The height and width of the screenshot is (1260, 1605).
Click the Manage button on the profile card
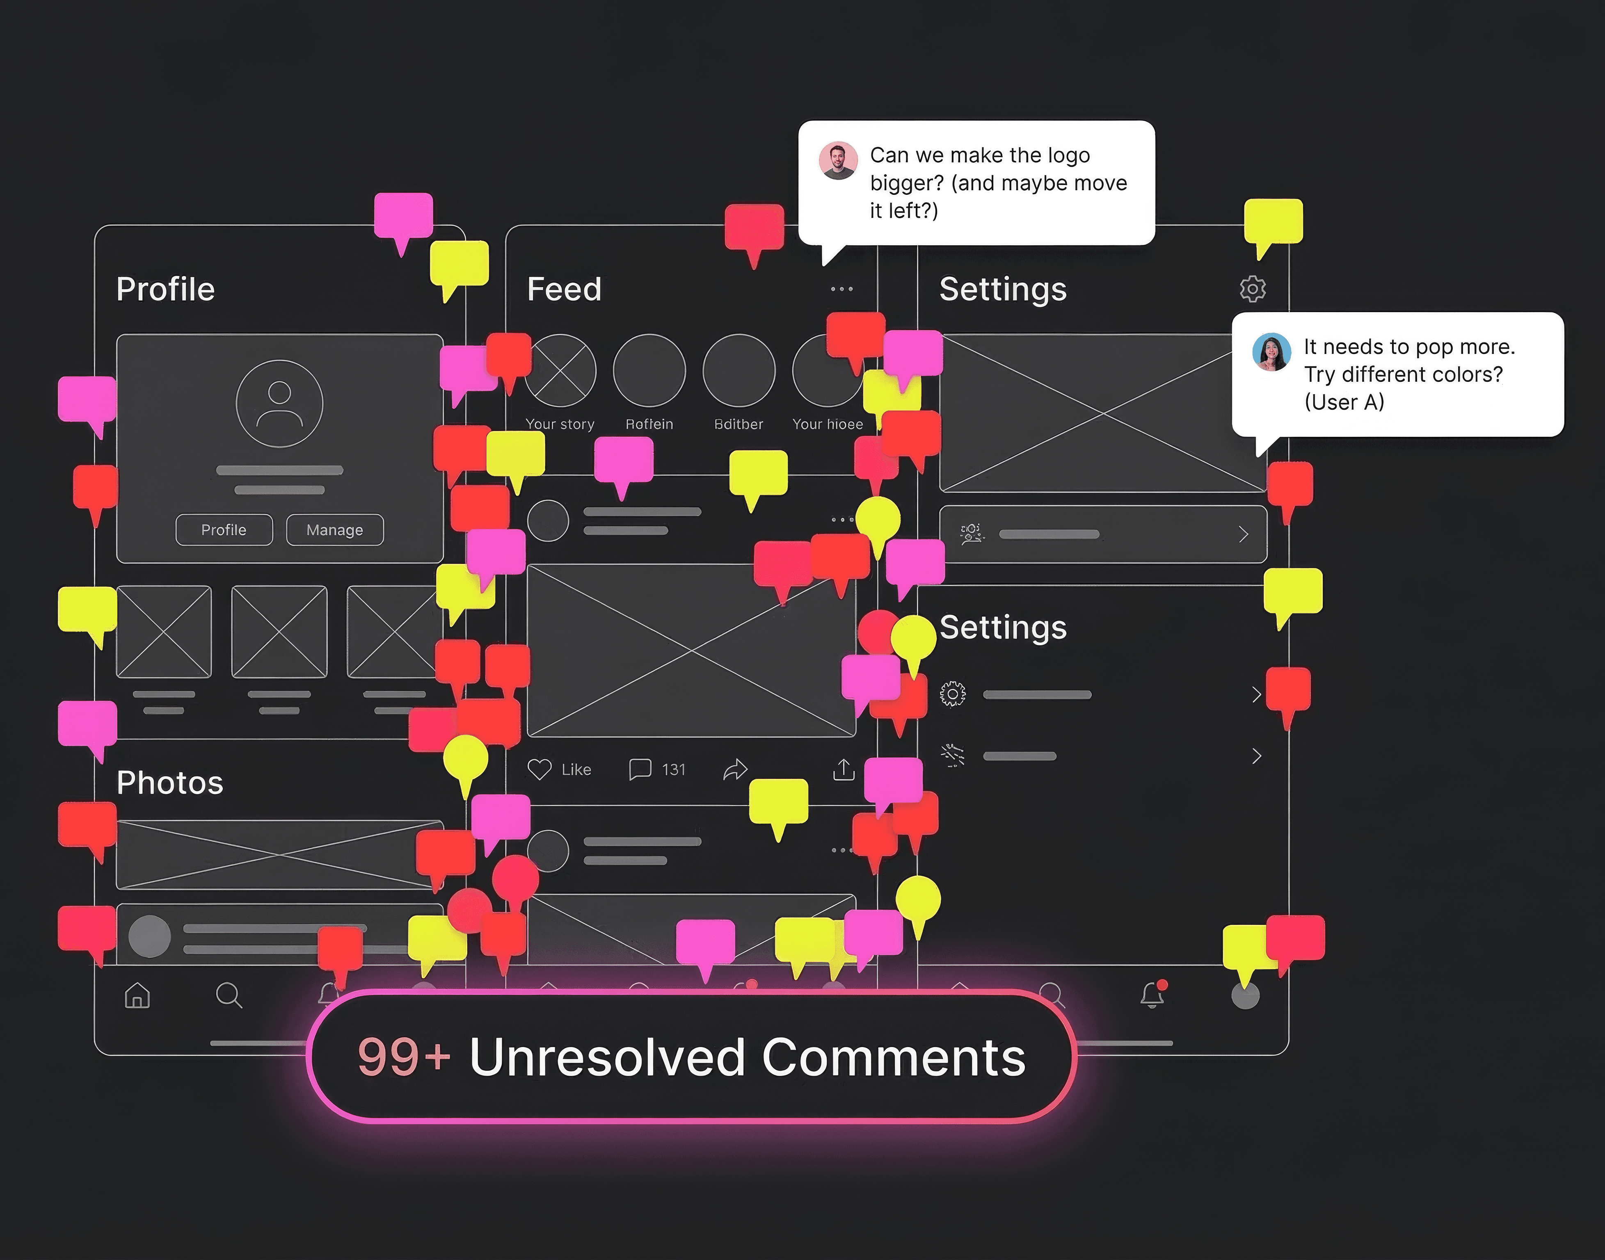(334, 530)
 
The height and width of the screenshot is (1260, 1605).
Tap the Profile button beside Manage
(224, 530)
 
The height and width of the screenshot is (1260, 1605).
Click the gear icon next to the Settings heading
(1252, 288)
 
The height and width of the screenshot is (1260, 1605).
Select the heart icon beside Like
(540, 769)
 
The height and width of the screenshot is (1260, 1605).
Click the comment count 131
(673, 769)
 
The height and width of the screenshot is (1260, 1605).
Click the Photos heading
(170, 783)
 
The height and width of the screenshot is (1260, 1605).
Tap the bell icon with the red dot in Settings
(1152, 995)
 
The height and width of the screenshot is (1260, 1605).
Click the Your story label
(559, 424)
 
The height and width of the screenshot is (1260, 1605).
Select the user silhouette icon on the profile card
(279, 404)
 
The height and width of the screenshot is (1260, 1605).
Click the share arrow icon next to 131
(735, 769)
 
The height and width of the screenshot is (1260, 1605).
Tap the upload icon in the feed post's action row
(844, 769)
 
